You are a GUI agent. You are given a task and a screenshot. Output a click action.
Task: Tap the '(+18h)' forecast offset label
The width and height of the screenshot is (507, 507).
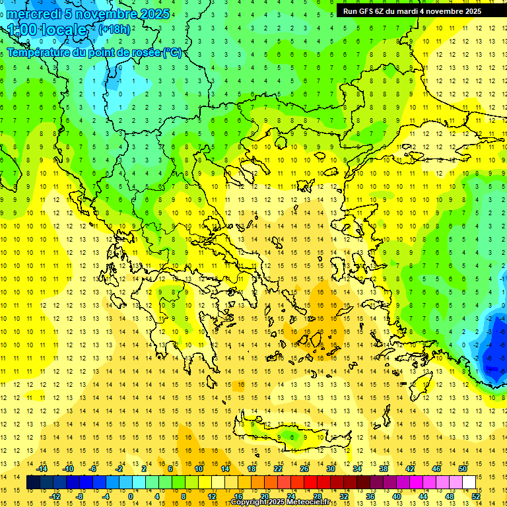tap(115, 29)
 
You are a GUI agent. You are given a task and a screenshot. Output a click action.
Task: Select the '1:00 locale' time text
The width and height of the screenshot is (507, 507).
tap(47, 30)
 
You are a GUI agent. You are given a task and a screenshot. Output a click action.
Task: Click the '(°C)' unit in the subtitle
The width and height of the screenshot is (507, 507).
tap(173, 53)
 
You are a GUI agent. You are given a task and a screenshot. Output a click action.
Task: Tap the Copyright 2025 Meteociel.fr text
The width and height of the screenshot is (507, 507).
tap(281, 502)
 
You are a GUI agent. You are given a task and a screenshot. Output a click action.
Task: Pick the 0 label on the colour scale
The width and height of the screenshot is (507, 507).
tap(130, 496)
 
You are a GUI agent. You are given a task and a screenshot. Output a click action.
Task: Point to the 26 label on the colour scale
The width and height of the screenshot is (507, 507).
tap(304, 469)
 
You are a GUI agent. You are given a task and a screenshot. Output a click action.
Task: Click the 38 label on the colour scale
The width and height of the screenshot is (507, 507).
tap(383, 469)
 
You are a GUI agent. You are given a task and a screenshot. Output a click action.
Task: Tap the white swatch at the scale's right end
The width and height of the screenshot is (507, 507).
tap(469, 483)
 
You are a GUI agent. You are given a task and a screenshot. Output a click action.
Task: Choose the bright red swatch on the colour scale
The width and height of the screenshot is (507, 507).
tap(310, 483)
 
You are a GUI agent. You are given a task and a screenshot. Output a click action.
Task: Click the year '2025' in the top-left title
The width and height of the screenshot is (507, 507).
tap(155, 14)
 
